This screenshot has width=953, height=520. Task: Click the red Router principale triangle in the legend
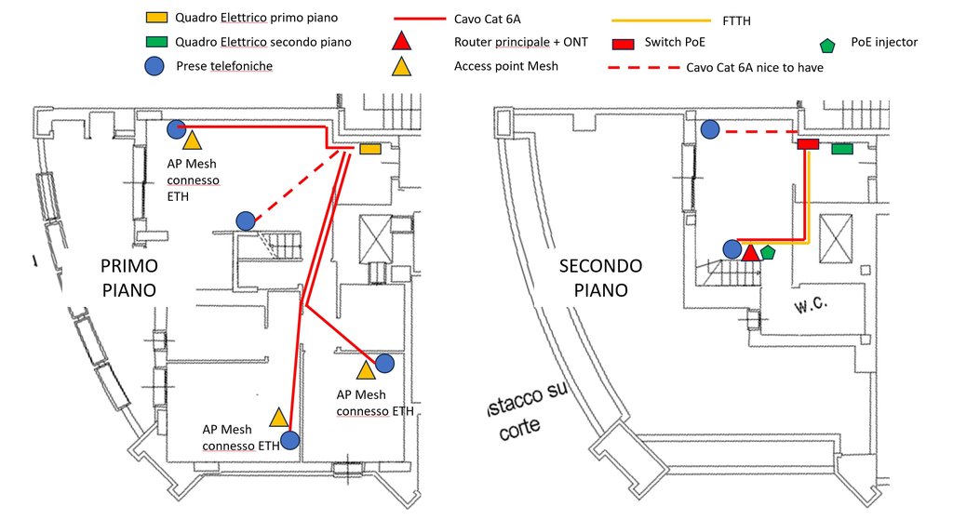click(401, 42)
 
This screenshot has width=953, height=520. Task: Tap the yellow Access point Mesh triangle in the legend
click(401, 67)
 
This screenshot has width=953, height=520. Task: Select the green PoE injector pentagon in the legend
click(827, 45)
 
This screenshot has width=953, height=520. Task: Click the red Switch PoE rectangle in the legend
click(623, 44)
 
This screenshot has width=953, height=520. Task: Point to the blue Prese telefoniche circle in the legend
click(154, 66)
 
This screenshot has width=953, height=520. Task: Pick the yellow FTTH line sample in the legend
click(662, 20)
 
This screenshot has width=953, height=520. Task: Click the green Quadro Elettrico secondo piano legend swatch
click(156, 42)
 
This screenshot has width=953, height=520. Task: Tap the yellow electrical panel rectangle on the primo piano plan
click(370, 148)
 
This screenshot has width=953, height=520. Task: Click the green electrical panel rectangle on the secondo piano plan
click(841, 148)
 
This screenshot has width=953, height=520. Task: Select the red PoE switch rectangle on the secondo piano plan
click(809, 144)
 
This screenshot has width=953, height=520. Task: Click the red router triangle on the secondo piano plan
click(751, 253)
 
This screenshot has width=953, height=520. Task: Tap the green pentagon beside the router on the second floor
click(768, 252)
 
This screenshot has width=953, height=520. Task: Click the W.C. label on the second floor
click(811, 304)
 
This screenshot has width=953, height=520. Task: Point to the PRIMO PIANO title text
click(129, 277)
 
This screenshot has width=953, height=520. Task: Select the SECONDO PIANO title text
click(600, 277)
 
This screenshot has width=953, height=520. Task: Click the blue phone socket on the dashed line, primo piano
click(246, 220)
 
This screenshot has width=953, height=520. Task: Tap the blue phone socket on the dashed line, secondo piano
click(710, 128)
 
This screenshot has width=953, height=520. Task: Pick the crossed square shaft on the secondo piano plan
click(836, 239)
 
